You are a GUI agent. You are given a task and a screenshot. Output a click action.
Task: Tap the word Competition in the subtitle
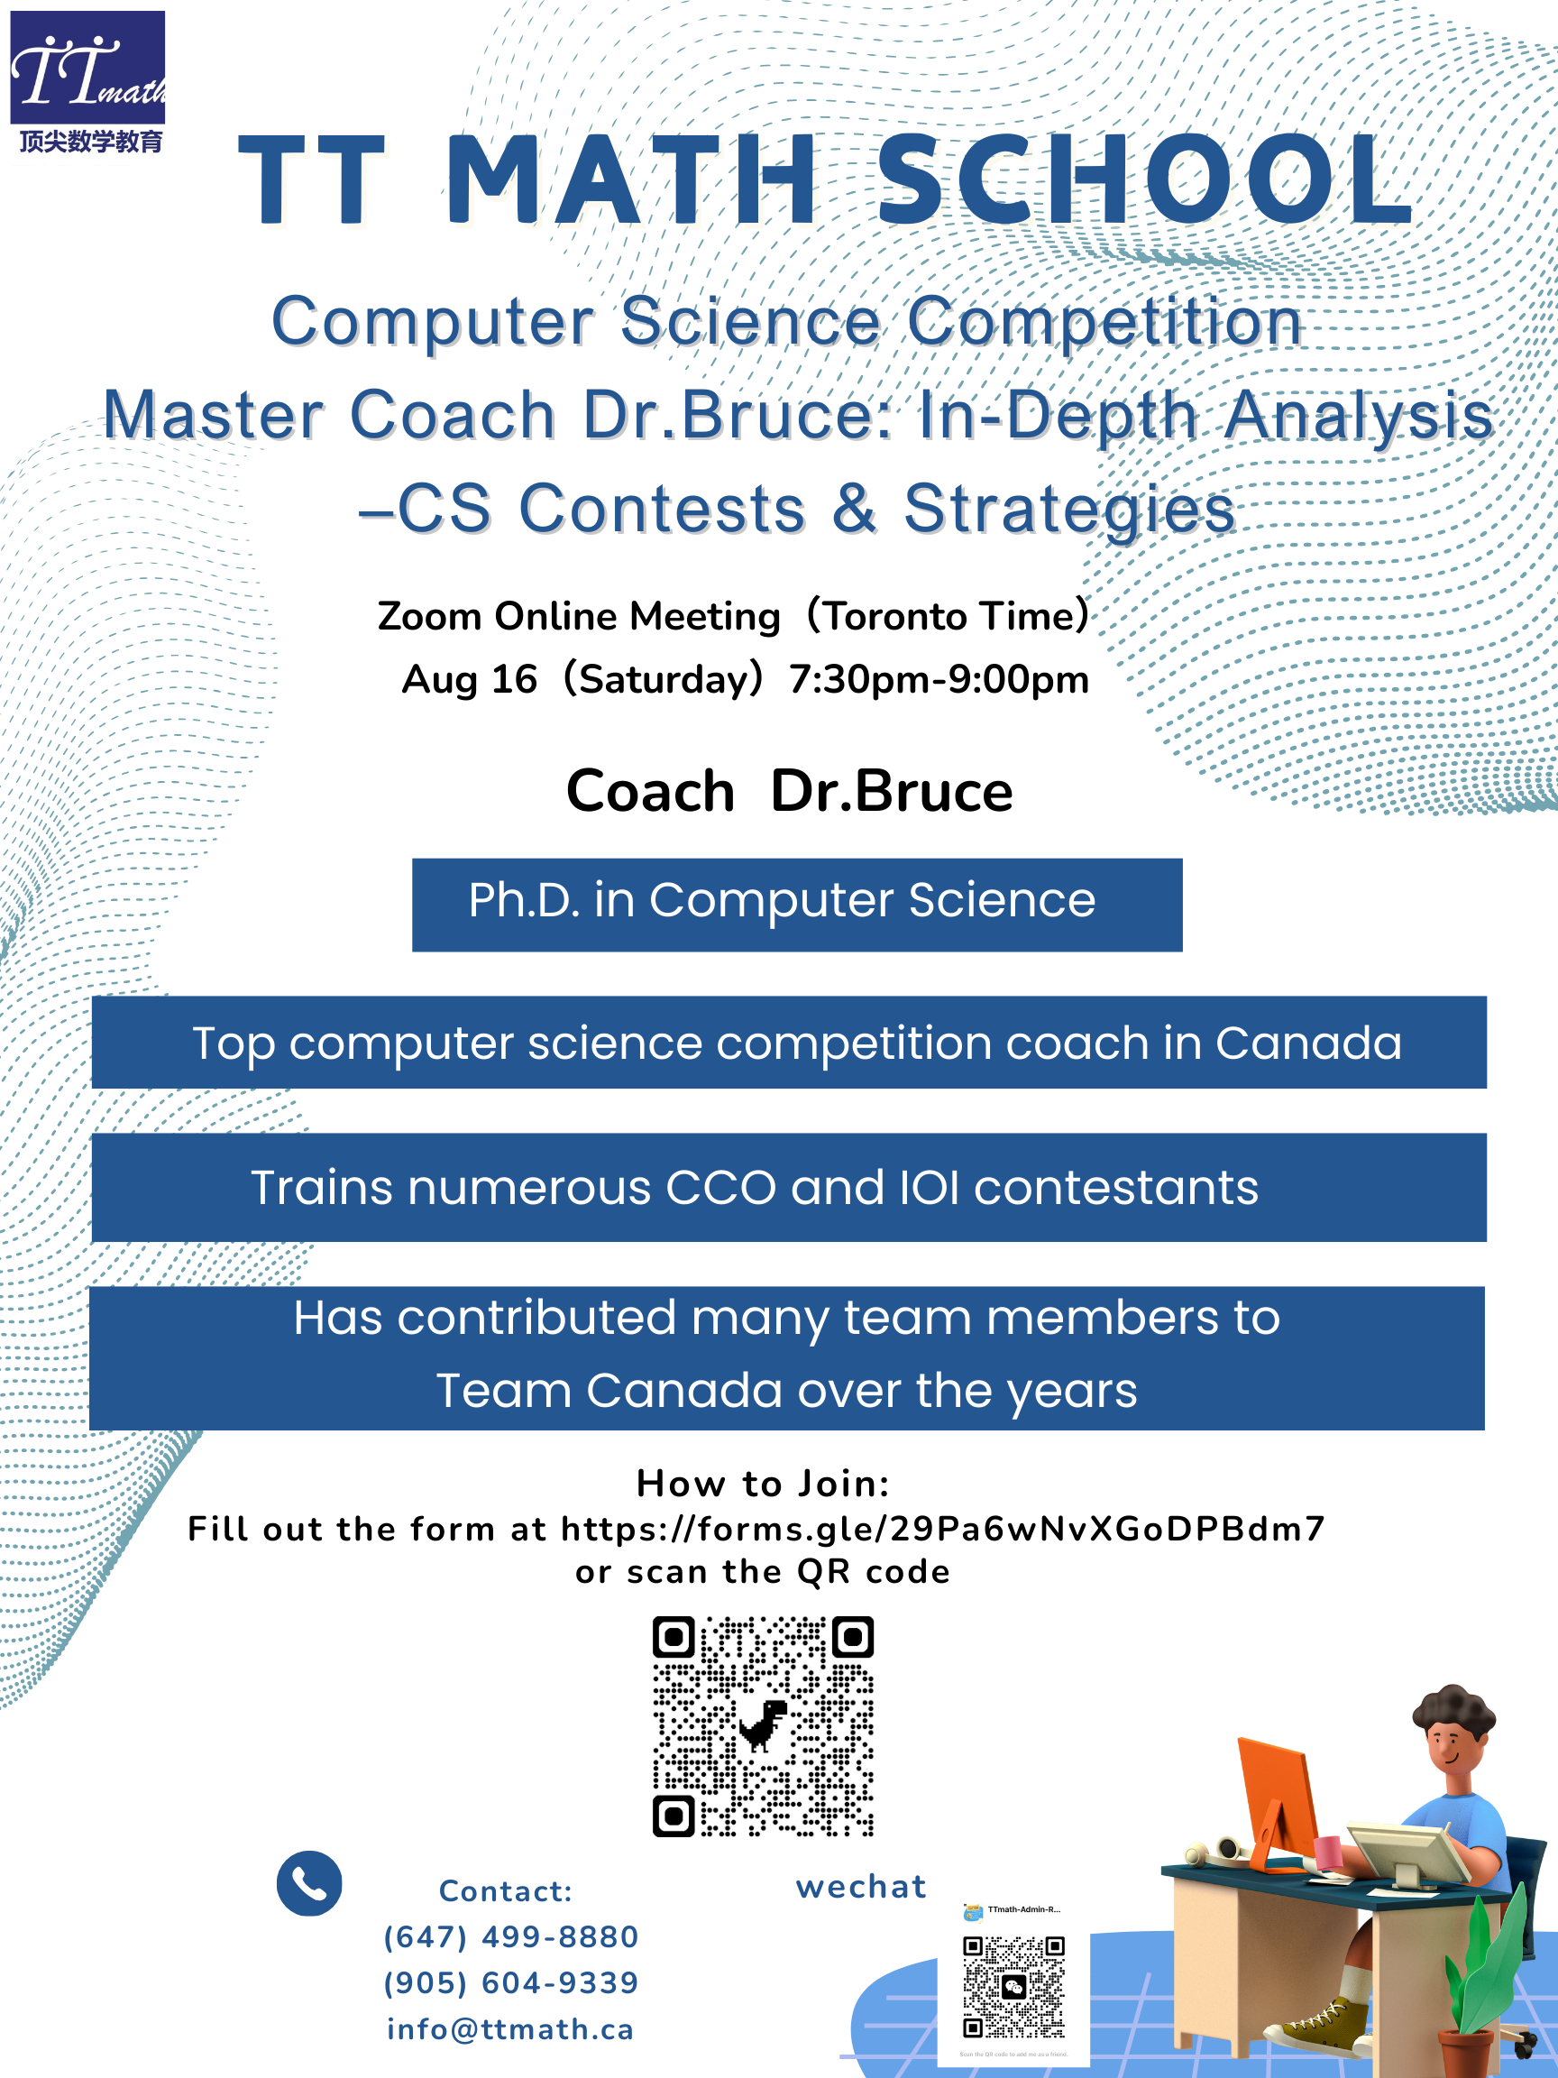point(1104,321)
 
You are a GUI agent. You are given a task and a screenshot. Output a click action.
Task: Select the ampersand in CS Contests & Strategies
point(854,509)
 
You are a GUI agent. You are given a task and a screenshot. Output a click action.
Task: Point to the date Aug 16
point(469,679)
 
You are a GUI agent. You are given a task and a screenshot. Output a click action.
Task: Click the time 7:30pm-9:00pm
point(939,679)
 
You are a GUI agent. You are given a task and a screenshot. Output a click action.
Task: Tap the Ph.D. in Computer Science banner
point(796,904)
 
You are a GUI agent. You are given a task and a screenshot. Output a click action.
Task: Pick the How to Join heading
point(763,1484)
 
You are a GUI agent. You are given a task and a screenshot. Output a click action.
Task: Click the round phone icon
point(309,1883)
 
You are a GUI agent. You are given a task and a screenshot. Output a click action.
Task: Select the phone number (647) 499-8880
point(511,1937)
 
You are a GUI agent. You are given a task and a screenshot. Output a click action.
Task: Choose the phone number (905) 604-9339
point(511,1983)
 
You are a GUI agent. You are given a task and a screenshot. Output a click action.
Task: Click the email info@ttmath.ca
point(511,2029)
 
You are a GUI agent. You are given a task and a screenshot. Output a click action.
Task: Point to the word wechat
point(860,1887)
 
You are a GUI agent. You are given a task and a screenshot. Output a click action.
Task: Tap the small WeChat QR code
point(1013,1987)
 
